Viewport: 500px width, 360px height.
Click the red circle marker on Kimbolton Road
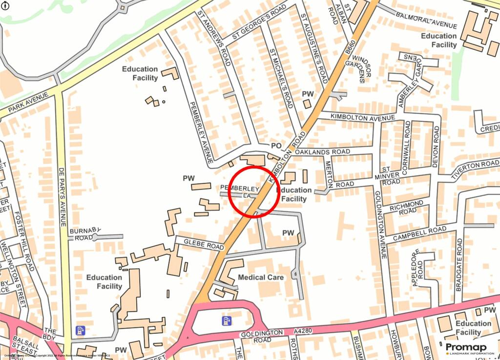coord(253,191)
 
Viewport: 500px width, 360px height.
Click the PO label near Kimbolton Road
coord(276,146)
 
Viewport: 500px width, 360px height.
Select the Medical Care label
coord(261,277)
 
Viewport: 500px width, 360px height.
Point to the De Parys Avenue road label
coord(62,197)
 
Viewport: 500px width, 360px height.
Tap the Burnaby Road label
coord(84,234)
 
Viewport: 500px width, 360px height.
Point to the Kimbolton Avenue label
coord(362,117)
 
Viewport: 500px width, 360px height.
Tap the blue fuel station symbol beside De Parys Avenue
coord(81,330)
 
